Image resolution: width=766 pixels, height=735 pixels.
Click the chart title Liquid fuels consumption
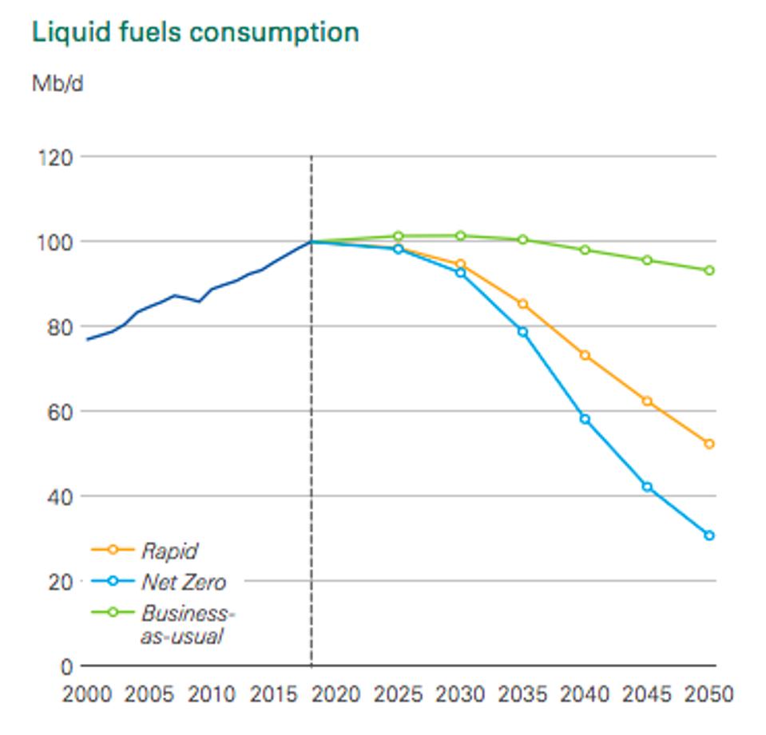(x=195, y=33)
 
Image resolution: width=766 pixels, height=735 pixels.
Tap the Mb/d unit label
(x=57, y=83)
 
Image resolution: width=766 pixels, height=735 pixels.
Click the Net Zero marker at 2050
(x=709, y=535)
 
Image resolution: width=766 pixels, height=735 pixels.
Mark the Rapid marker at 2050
(x=709, y=444)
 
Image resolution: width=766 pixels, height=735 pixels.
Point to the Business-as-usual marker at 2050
(x=709, y=271)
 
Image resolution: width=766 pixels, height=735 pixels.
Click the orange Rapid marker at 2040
(x=585, y=355)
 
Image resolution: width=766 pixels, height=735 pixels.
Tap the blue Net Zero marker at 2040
(x=585, y=419)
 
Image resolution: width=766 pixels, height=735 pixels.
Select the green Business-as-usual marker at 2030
(x=461, y=235)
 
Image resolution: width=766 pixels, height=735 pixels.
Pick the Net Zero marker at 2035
(x=523, y=332)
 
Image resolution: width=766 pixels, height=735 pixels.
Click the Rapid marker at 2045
(x=647, y=401)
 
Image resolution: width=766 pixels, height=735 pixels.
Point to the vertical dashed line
(x=312, y=479)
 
